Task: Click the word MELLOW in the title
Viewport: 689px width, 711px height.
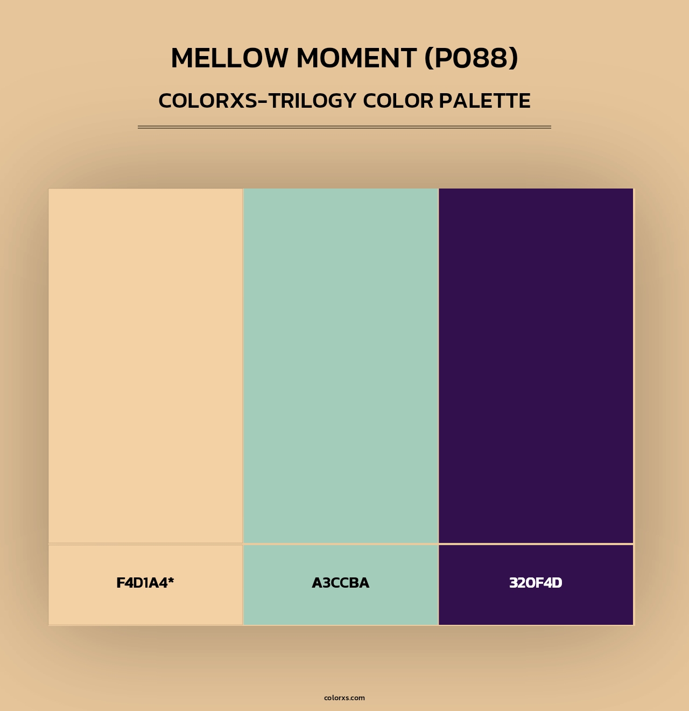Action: [229, 58]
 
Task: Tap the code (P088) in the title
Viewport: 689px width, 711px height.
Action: [472, 58]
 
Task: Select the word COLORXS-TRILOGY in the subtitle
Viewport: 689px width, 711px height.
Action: [257, 101]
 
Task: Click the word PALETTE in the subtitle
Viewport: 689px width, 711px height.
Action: [484, 101]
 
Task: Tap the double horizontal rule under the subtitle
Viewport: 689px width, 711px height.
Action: [344, 127]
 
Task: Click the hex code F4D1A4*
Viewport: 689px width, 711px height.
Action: [145, 583]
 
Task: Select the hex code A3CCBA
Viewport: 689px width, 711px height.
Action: [341, 583]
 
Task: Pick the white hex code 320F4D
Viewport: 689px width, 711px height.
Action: [536, 583]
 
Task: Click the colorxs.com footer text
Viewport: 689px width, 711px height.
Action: [344, 698]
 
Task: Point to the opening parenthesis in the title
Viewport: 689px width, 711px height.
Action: [430, 58]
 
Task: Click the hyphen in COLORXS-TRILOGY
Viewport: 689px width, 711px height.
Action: [263, 101]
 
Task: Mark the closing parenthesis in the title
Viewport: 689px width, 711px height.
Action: [514, 58]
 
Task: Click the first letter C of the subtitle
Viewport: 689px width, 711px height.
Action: [165, 101]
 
